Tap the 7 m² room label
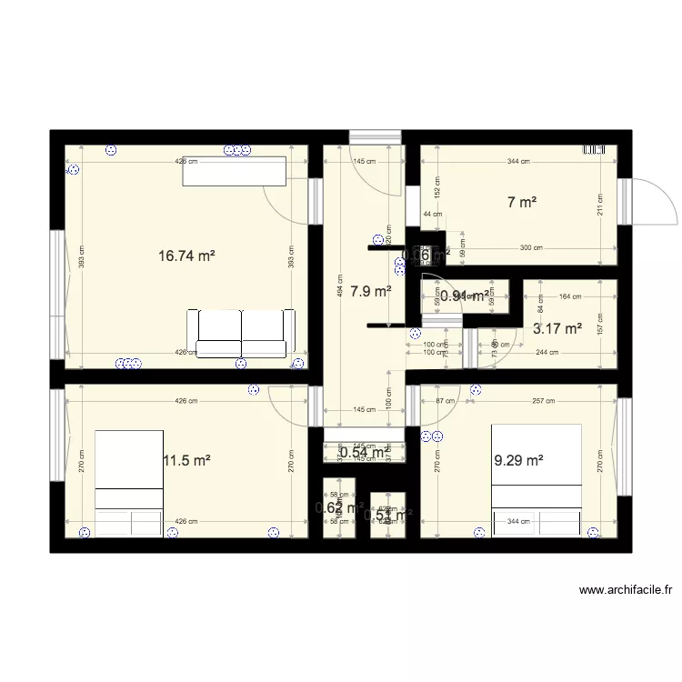click(x=521, y=203)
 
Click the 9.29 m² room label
click(x=518, y=461)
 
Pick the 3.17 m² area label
click(x=557, y=329)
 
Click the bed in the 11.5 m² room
click(x=128, y=482)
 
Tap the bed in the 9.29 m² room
click(x=536, y=480)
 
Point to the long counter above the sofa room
click(x=235, y=171)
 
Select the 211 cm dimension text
click(x=600, y=211)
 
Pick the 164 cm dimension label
click(x=570, y=296)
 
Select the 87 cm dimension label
click(x=445, y=401)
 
